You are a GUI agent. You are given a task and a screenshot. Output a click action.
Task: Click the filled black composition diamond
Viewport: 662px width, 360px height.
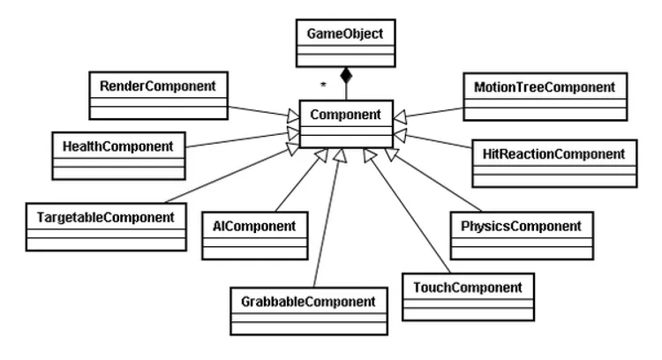click(345, 77)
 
